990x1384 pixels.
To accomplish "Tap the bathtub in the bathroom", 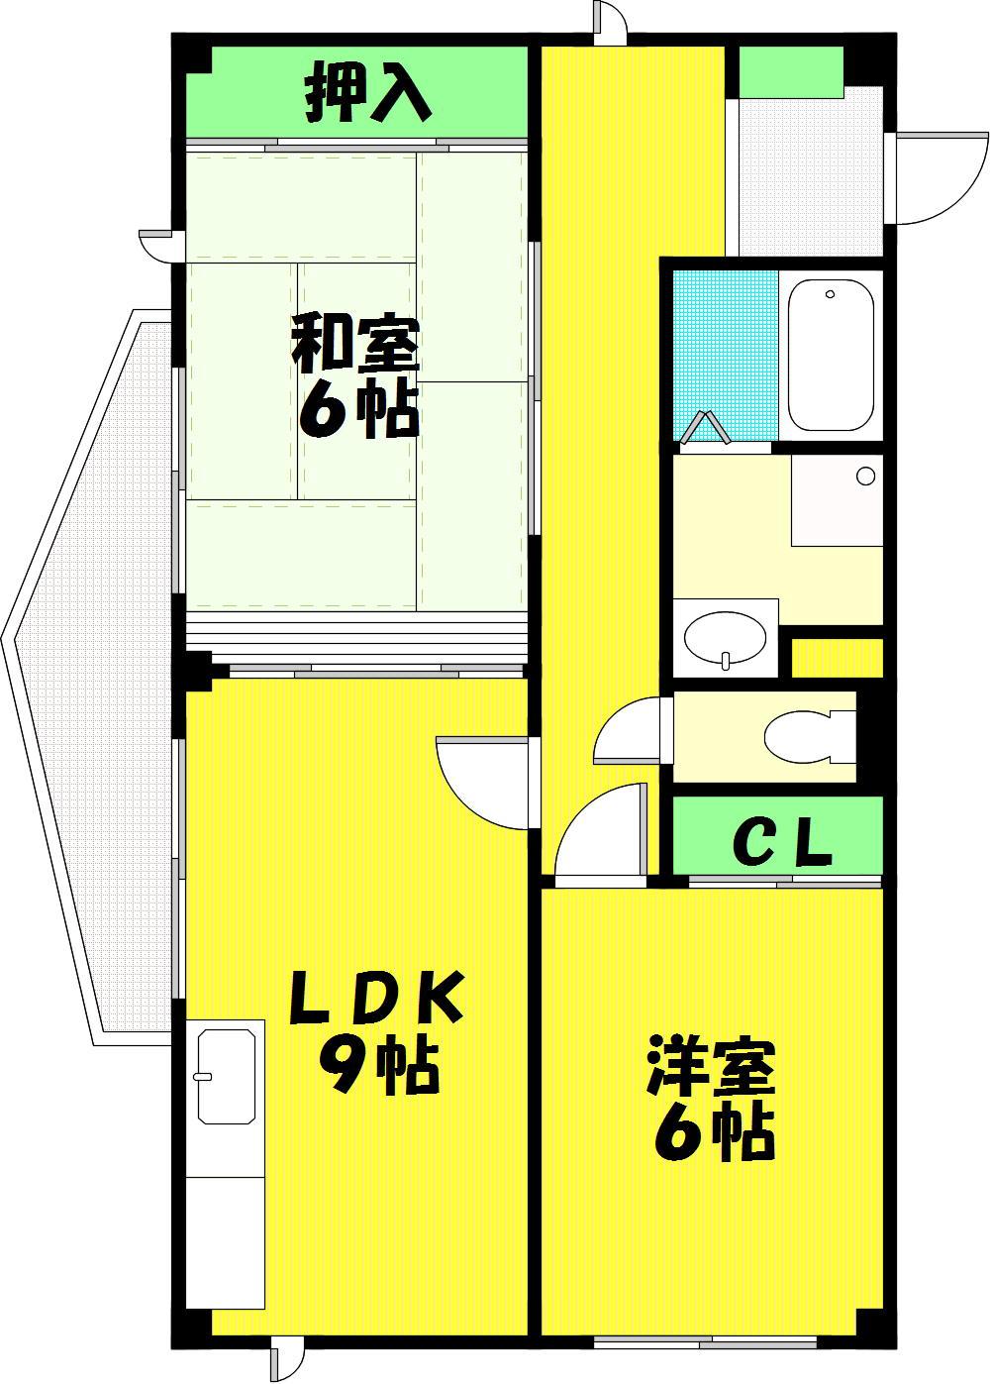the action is [831, 356].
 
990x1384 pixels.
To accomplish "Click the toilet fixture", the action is [809, 736].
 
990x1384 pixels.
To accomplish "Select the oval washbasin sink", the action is [726, 640].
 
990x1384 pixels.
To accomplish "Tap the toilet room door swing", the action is [627, 731].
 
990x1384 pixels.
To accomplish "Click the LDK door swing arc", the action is [482, 783].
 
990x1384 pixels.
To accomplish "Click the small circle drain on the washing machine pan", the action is [866, 476].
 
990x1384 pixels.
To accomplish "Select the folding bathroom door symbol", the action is [705, 428].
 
